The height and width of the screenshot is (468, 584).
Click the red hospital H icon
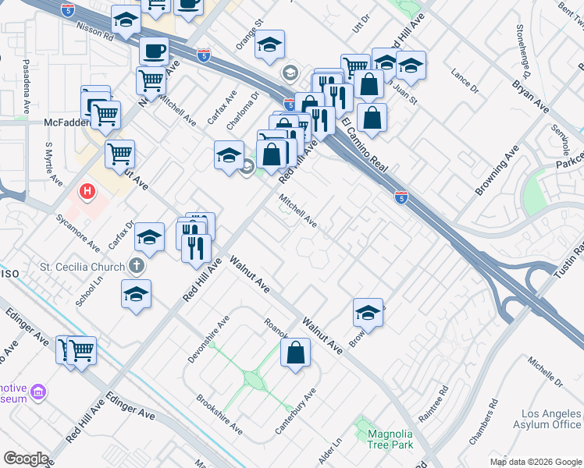coord(88,190)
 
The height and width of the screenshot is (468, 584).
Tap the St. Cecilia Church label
coord(82,267)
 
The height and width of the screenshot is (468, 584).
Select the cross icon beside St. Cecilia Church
coord(137,267)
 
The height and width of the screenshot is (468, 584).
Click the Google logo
coord(26,459)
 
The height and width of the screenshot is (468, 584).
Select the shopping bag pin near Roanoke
coord(296,353)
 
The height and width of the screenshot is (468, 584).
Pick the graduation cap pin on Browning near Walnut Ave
coord(368,313)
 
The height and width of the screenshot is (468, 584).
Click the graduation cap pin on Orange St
coord(269,45)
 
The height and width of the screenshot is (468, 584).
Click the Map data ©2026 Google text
coord(536,462)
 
